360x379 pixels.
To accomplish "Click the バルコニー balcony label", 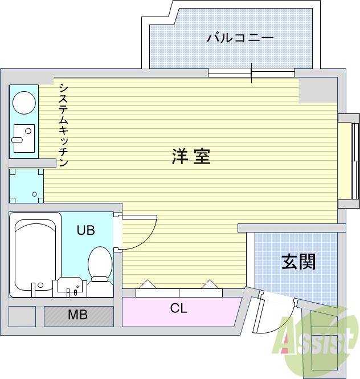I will click(x=240, y=39).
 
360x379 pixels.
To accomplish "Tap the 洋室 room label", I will click(x=191, y=156).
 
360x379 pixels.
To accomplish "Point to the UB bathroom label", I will click(x=86, y=231).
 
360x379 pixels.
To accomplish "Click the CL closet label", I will click(x=178, y=309).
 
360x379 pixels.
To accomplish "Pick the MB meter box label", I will click(x=77, y=315).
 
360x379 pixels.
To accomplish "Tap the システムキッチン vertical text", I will click(x=63, y=125).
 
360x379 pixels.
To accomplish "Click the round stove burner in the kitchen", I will click(x=24, y=103).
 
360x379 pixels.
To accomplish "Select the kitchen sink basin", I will click(x=23, y=137).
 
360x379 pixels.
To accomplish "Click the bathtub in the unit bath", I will click(x=35, y=254).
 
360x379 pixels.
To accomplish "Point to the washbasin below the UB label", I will click(x=69, y=287).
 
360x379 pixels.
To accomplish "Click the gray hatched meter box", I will click(x=79, y=316).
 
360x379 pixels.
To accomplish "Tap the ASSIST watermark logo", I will click(x=314, y=340).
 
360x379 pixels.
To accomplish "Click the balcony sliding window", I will click(x=251, y=72).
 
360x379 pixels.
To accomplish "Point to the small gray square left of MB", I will click(x=22, y=316).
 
